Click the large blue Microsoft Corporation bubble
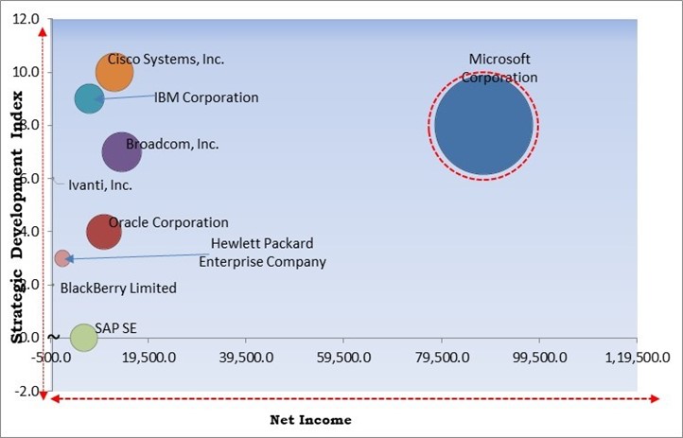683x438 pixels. (x=484, y=125)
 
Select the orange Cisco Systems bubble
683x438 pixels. (x=114, y=71)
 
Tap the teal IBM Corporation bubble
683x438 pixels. (x=89, y=98)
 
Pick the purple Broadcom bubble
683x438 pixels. (x=121, y=151)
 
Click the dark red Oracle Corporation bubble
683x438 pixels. (x=104, y=231)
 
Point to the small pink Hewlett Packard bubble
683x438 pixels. (x=62, y=257)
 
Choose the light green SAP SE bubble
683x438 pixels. (x=83, y=337)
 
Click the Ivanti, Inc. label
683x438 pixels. (x=100, y=185)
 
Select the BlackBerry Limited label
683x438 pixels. (x=118, y=289)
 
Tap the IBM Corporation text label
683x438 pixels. (x=206, y=97)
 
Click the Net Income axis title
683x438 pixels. (x=310, y=419)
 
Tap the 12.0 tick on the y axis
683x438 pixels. (x=28, y=19)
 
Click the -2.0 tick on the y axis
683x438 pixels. (x=28, y=391)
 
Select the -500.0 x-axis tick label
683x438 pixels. (x=51, y=359)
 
